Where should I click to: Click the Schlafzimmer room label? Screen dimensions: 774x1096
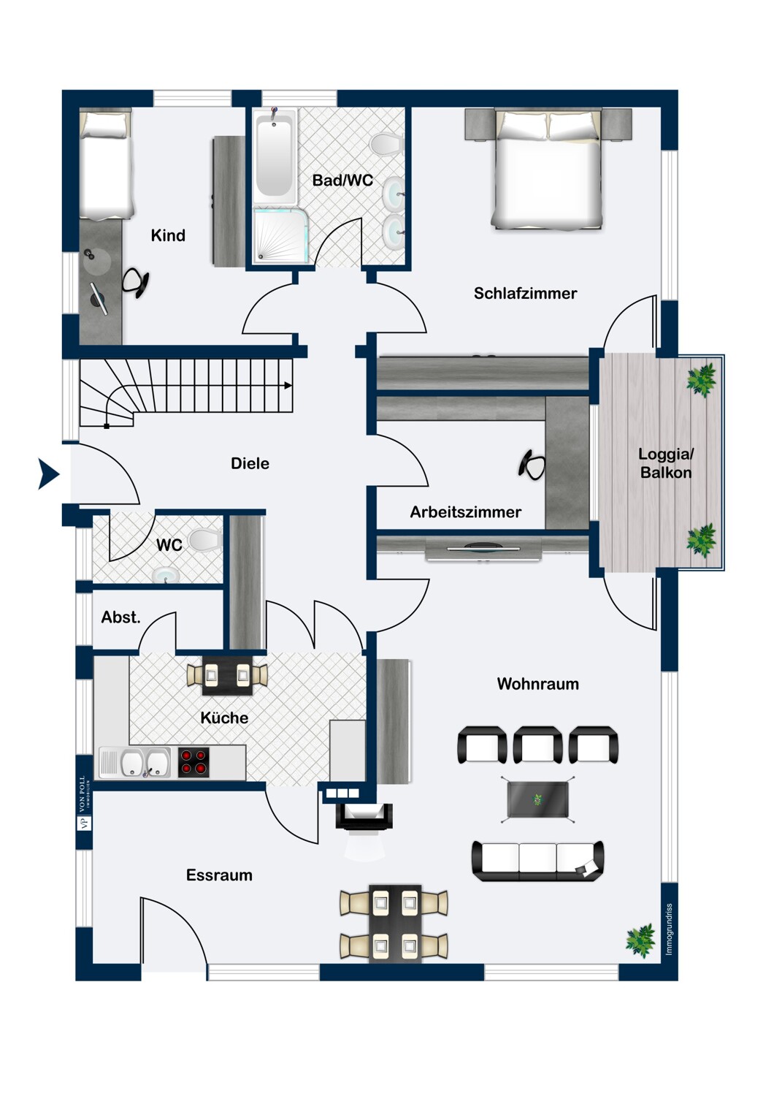click(x=525, y=293)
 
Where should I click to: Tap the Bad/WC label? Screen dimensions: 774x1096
click(x=342, y=180)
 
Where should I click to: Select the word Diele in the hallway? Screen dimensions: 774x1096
click(x=250, y=463)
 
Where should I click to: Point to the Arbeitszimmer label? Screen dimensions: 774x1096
click(x=465, y=511)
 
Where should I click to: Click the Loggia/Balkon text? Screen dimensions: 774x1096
click(x=666, y=463)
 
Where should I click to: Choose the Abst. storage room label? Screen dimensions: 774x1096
click(x=120, y=617)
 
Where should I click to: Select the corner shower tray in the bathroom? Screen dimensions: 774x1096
click(x=280, y=235)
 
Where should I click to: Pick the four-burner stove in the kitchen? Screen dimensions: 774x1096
click(x=193, y=762)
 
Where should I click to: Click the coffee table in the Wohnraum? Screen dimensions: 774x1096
click(x=538, y=799)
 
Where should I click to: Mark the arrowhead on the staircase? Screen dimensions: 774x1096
click(x=288, y=386)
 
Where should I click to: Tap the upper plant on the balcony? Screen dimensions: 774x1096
click(x=702, y=380)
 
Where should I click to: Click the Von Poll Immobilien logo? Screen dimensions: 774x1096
click(x=85, y=802)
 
